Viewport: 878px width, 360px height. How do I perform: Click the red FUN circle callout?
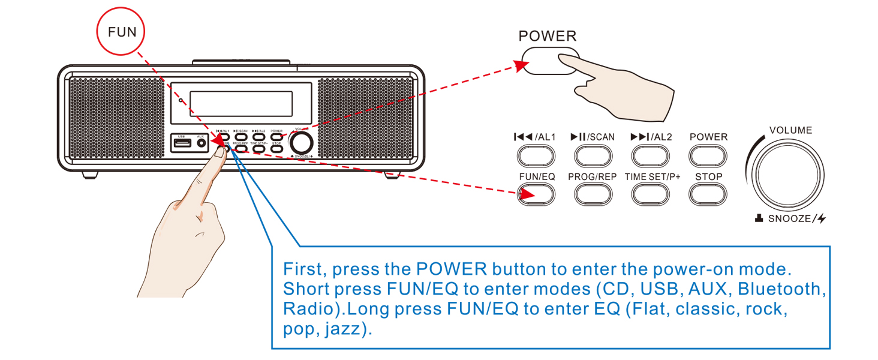(x=122, y=32)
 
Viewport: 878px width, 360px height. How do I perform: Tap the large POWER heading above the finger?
(x=547, y=36)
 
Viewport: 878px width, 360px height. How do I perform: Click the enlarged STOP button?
(x=708, y=194)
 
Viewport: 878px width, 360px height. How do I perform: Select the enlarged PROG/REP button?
(x=593, y=194)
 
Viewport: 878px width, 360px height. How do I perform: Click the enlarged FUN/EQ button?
(x=536, y=194)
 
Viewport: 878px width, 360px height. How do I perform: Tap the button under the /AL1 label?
(x=536, y=156)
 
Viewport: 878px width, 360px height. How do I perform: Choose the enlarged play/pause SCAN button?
(x=593, y=156)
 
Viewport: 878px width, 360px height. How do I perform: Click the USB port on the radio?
(x=182, y=143)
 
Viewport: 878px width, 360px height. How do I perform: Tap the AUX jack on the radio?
(x=201, y=143)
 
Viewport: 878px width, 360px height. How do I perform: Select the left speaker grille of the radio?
(x=117, y=118)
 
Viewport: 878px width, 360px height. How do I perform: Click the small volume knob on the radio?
(x=301, y=143)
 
